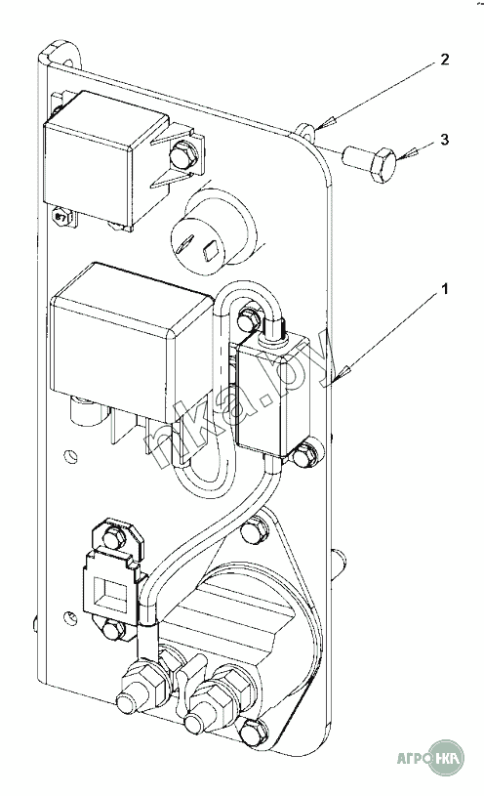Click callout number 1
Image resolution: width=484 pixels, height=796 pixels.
pos(444,290)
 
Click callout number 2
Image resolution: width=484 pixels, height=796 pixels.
pos(444,60)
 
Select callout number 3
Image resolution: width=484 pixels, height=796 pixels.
pos(444,139)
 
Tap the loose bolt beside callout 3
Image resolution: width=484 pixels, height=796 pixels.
pos(370,161)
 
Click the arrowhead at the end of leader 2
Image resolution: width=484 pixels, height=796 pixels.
pos(322,122)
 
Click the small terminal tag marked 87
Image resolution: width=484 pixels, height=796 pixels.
pos(60,217)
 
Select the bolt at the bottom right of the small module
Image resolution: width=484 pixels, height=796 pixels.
pos(304,455)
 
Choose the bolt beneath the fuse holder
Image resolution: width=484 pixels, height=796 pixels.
pos(113,630)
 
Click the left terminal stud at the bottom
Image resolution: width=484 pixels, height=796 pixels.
pos(136,691)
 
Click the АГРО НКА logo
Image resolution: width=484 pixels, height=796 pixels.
pos(430,758)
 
